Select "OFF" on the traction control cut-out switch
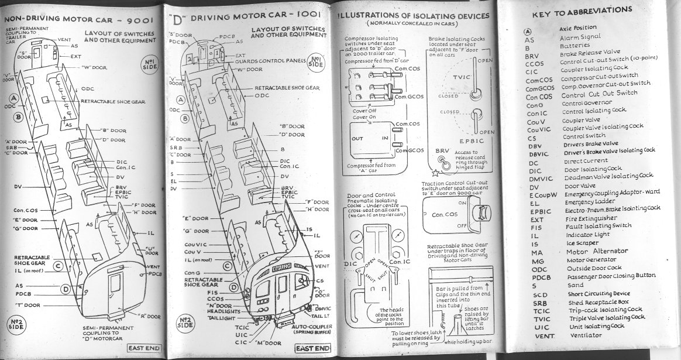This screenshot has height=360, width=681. click(x=461, y=225)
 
